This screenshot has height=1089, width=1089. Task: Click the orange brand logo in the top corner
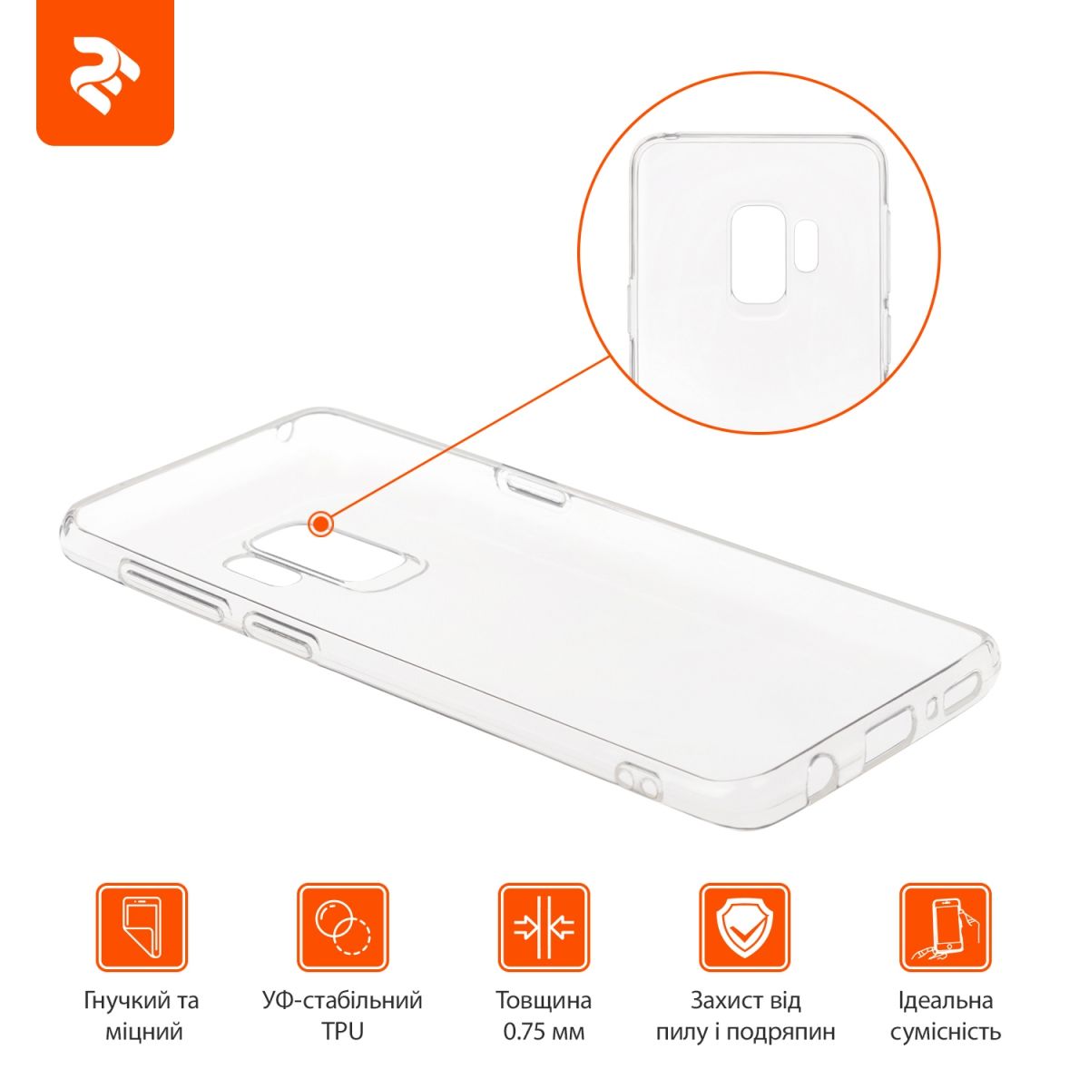105,73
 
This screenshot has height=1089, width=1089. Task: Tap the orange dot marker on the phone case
320,525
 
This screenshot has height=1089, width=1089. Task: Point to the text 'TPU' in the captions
342,1032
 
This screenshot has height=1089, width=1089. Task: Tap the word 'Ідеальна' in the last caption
946,1001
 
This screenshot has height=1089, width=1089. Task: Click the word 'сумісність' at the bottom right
946,1033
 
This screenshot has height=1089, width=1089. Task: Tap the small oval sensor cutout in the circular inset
806,243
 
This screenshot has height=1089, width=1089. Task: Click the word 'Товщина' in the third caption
544,1001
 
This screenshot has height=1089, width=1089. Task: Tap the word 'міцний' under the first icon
143,1032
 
